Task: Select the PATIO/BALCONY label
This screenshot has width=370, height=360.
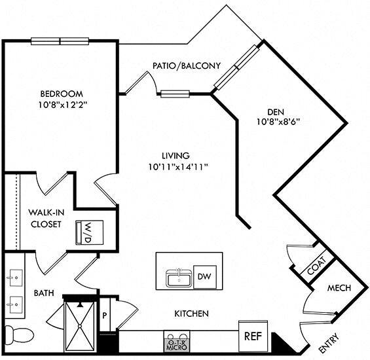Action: (x=186, y=65)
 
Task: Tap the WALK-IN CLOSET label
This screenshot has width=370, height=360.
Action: (x=45, y=219)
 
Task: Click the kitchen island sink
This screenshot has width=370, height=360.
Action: (x=177, y=278)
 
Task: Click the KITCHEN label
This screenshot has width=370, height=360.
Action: (x=191, y=314)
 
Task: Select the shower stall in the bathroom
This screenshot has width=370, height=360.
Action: (x=79, y=324)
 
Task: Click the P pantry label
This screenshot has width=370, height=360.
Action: (x=105, y=315)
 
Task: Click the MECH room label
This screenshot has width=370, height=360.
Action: (x=339, y=288)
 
